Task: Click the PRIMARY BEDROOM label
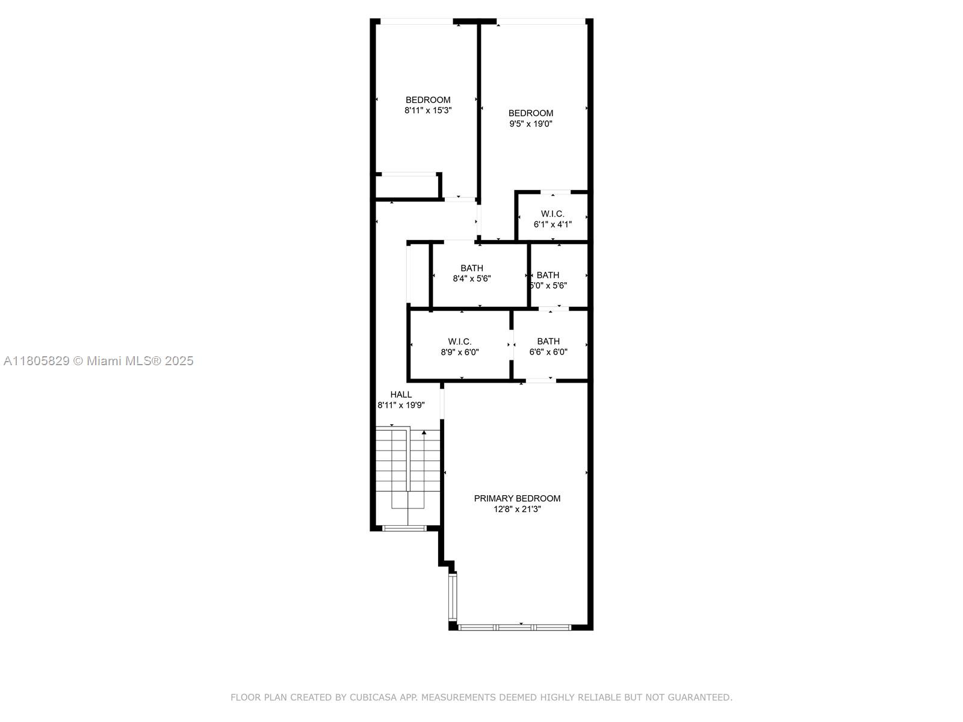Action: click(x=517, y=498)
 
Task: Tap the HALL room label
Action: click(x=401, y=395)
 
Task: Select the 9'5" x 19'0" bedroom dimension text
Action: click(x=530, y=123)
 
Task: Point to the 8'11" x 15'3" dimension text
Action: click(x=428, y=111)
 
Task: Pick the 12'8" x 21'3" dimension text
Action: click(x=517, y=509)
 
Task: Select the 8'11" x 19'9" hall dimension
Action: click(x=401, y=405)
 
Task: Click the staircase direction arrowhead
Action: click(x=424, y=433)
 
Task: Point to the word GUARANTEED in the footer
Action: click(x=705, y=697)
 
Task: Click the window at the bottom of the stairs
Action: click(x=404, y=528)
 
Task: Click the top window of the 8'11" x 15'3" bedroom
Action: click(x=416, y=21)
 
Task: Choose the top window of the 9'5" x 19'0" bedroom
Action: click(x=541, y=21)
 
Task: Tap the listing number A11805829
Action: click(x=37, y=361)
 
